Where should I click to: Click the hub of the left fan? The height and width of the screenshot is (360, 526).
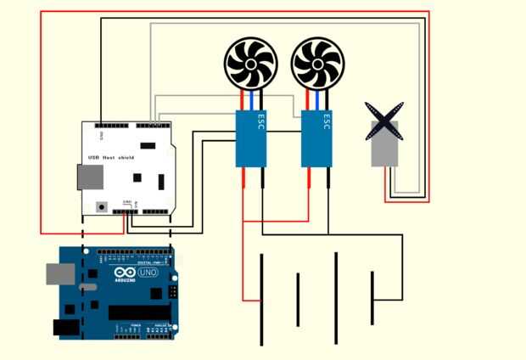250,64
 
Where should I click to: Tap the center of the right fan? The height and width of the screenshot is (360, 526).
317,64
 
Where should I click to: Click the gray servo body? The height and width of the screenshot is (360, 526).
384,149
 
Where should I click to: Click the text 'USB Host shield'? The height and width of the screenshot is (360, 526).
111,157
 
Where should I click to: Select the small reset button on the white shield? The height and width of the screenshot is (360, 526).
102,205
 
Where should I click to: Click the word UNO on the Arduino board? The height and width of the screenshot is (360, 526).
148,273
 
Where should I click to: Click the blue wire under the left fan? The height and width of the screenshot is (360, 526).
251,100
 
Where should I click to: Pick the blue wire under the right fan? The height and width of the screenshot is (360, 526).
318,100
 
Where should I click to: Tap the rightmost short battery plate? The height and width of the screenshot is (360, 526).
372,297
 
